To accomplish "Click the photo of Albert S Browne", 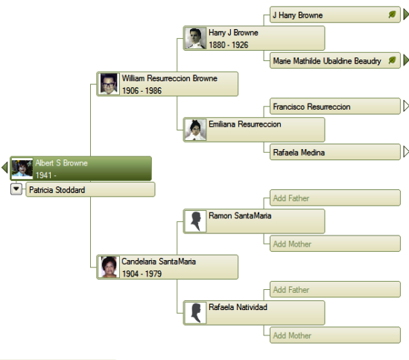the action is pyautogui.click(x=22, y=168).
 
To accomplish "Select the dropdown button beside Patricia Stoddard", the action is pyautogui.click(x=16, y=189).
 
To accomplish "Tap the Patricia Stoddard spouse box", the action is pyautogui.click(x=90, y=189).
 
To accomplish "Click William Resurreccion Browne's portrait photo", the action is pyautogui.click(x=109, y=83).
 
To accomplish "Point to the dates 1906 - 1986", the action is pyautogui.click(x=142, y=91).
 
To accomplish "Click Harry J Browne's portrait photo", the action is pyautogui.click(x=195, y=38).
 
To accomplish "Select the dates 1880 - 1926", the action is pyautogui.click(x=229, y=45).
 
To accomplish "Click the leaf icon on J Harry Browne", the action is pyautogui.click(x=392, y=14).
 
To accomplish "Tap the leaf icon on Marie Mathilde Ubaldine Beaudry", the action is pyautogui.click(x=392, y=60).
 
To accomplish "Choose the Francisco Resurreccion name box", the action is pyautogui.click(x=335, y=107).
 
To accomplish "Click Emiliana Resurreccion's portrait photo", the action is pyautogui.click(x=195, y=130).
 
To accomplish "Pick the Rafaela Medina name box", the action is pyautogui.click(x=335, y=152).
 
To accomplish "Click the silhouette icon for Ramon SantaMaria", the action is pyautogui.click(x=195, y=221).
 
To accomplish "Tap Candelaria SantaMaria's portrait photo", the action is pyautogui.click(x=109, y=267).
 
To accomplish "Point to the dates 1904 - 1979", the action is pyautogui.click(x=142, y=274).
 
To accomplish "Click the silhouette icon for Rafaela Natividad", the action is pyautogui.click(x=195, y=313).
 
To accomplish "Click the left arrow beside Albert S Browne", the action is pyautogui.click(x=4, y=168).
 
